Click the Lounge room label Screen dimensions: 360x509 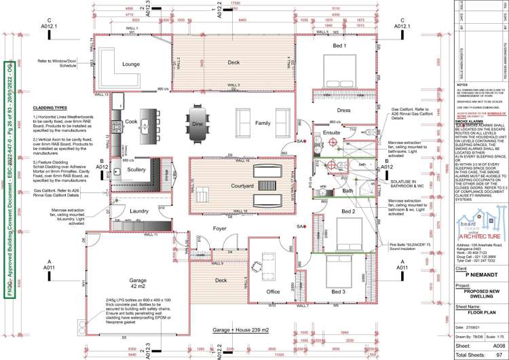point(130,65)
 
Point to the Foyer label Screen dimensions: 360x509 point(219,228)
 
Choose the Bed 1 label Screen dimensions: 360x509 point(339,46)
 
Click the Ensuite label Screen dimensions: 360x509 point(331,133)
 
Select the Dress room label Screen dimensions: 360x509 point(344,109)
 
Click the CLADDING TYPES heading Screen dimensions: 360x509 point(50,107)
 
